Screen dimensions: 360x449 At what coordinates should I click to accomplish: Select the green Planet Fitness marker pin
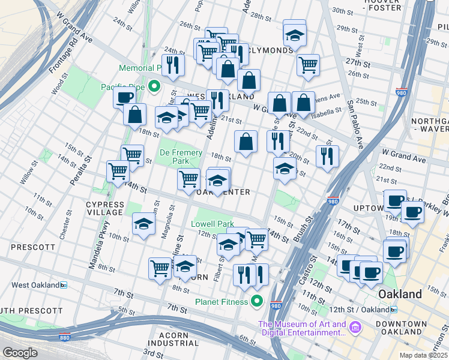pyautogui.click(x=258, y=301)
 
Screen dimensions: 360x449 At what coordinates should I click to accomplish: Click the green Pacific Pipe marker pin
pyautogui.click(x=154, y=88)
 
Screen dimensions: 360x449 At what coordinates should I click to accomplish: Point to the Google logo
pyautogui.click(x=20, y=353)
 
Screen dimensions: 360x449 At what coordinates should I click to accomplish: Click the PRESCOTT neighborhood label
pyautogui.click(x=33, y=247)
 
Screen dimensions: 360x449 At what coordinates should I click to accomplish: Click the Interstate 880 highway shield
pyautogui.click(x=64, y=338)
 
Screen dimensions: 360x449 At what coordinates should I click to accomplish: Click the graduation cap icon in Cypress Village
pyautogui.click(x=143, y=224)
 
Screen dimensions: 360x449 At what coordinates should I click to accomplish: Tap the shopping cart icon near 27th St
pyautogui.click(x=308, y=64)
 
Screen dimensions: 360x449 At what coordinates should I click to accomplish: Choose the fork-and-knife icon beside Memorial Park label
pyautogui.click(x=173, y=64)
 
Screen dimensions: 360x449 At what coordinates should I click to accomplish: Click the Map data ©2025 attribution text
pyautogui.click(x=423, y=355)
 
